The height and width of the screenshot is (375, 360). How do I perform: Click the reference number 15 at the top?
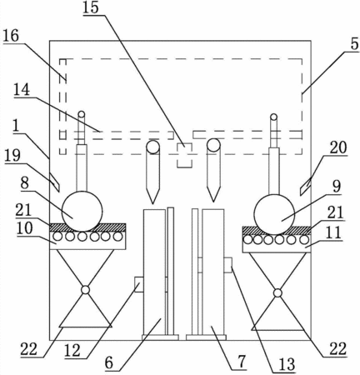click(x=91, y=7)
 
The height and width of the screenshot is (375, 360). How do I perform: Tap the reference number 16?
click(x=11, y=37)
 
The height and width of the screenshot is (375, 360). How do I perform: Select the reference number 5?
click(x=354, y=44)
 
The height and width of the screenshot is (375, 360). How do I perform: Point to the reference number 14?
click(x=22, y=90)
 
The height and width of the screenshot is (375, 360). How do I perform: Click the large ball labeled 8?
click(x=82, y=211)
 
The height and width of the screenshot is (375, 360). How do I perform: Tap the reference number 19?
click(x=12, y=156)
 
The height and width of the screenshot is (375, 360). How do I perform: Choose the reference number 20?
click(x=338, y=147)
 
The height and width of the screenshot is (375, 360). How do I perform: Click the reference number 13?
click(x=287, y=364)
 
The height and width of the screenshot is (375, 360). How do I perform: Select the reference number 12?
click(x=72, y=351)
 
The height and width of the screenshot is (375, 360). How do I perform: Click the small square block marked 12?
click(x=138, y=284)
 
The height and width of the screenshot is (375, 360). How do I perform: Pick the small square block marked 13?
click(x=227, y=265)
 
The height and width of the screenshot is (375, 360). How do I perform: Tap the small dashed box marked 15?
click(x=184, y=155)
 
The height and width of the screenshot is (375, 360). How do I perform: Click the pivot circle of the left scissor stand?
click(x=85, y=290)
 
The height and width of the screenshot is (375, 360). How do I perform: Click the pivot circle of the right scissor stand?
click(x=277, y=292)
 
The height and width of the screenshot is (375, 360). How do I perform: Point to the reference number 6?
click(x=109, y=363)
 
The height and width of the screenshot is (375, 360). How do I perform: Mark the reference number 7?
click(x=242, y=362)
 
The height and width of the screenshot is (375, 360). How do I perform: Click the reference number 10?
click(x=24, y=228)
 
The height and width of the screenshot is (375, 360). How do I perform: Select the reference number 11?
click(x=333, y=232)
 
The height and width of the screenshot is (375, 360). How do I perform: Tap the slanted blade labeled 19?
click(x=55, y=182)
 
